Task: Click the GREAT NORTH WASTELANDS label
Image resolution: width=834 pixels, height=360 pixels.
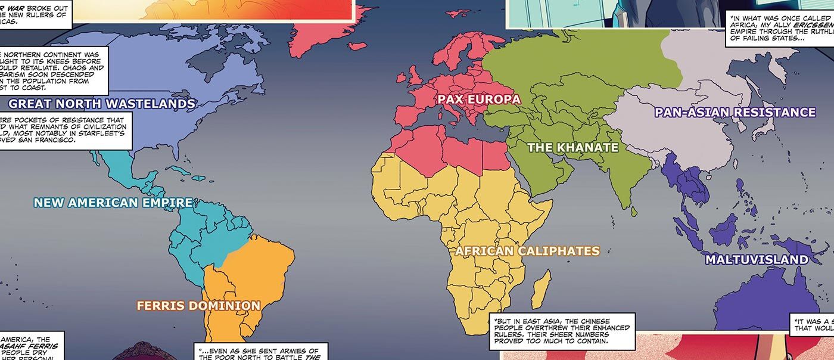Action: click(102, 104)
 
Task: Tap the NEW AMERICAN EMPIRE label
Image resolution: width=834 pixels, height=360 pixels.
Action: click(113, 203)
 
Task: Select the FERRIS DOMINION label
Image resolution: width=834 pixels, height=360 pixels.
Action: click(198, 306)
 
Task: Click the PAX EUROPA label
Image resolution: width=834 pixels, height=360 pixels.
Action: click(479, 99)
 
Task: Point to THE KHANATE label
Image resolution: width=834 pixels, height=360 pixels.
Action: click(573, 147)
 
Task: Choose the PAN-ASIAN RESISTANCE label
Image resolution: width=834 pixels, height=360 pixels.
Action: click(735, 112)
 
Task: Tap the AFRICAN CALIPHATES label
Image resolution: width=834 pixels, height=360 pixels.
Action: click(527, 251)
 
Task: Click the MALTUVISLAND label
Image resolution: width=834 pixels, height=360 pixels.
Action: click(757, 260)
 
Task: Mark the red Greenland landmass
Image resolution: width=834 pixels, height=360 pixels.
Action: click(325, 30)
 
